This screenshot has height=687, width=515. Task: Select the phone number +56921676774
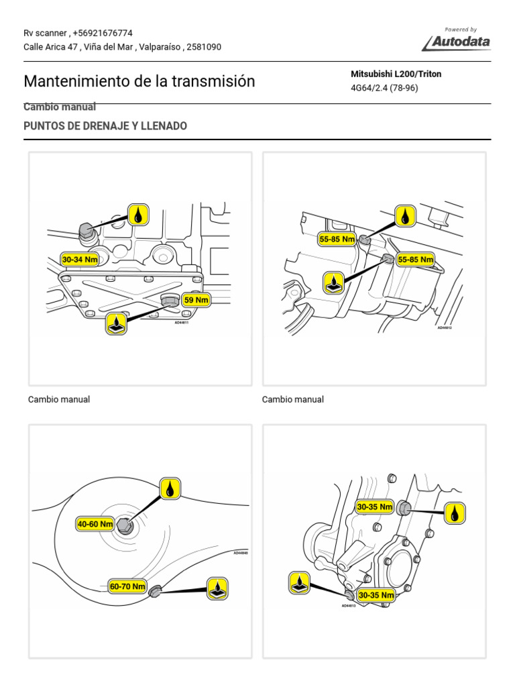(x=102, y=33)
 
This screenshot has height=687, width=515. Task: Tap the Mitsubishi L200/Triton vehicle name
(x=396, y=74)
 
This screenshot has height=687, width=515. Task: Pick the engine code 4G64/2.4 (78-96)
(x=384, y=88)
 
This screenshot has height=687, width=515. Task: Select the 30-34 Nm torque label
(x=79, y=259)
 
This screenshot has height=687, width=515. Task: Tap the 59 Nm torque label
(x=196, y=300)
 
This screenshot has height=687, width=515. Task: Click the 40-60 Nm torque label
(x=95, y=524)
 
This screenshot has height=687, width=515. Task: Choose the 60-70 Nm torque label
(x=127, y=586)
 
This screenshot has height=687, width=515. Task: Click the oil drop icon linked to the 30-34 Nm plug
(x=138, y=215)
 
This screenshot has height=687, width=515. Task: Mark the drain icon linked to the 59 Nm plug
(x=117, y=323)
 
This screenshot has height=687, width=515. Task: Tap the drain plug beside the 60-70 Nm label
(x=154, y=590)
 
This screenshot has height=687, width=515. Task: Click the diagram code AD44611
(x=182, y=322)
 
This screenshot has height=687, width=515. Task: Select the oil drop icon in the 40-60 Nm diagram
(x=170, y=488)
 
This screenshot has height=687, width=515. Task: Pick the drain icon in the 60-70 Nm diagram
(x=217, y=588)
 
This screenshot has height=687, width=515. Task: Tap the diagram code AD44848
(x=241, y=553)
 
